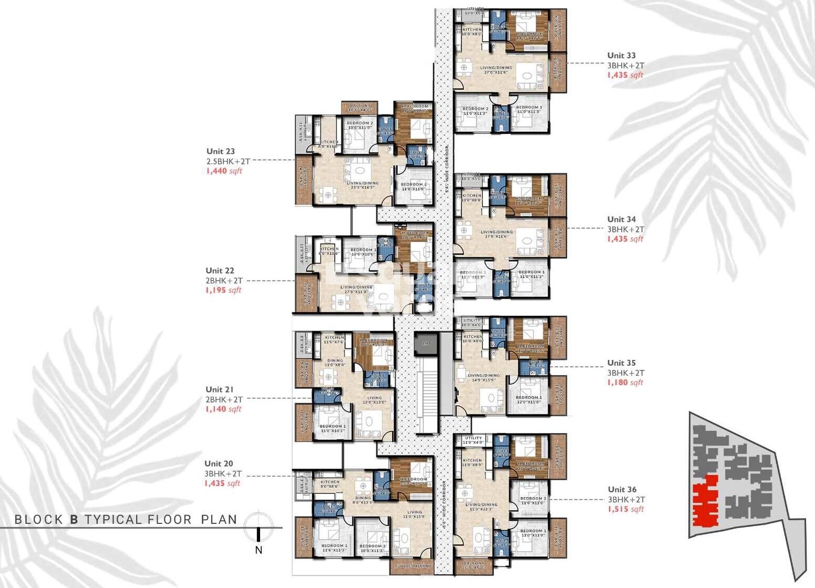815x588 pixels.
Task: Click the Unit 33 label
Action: (x=621, y=55)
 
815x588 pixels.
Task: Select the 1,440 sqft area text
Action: (x=224, y=171)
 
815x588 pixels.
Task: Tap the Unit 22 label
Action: (x=220, y=271)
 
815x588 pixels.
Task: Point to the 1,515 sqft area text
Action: (x=625, y=509)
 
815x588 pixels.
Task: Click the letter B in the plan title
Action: (x=74, y=520)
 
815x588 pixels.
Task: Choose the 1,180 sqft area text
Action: (x=625, y=383)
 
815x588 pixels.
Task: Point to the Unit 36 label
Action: (x=622, y=490)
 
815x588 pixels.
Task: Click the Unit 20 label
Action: (x=219, y=463)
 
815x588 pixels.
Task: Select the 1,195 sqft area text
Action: (x=223, y=290)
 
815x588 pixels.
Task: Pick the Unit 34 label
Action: (x=621, y=219)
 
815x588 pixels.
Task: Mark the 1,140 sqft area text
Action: (x=223, y=409)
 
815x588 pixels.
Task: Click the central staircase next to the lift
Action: (x=426, y=394)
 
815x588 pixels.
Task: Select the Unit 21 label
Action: (x=219, y=389)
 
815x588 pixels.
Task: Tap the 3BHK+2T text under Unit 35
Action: (x=626, y=373)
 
